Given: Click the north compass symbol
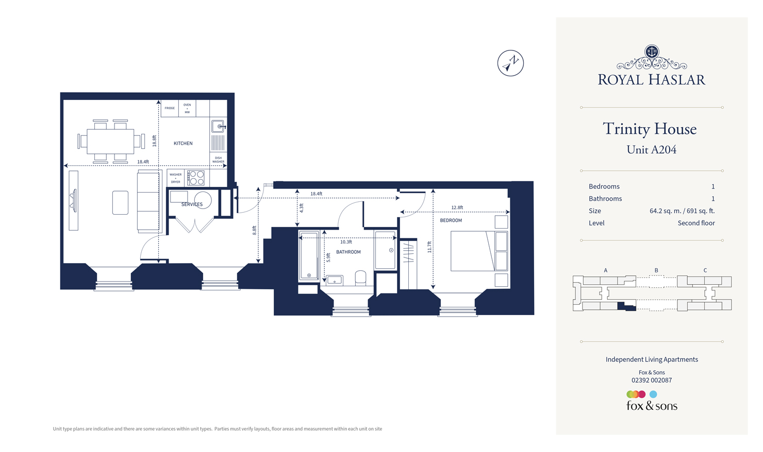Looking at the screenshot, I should pyautogui.click(x=510, y=63).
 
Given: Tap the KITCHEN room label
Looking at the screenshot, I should pyautogui.click(x=183, y=144).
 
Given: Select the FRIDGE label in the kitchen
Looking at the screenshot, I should pyautogui.click(x=170, y=108).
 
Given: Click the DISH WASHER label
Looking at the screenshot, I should pyautogui.click(x=218, y=160).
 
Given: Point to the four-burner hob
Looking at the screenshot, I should pyautogui.click(x=196, y=178).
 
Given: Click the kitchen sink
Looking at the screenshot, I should pyautogui.click(x=218, y=126).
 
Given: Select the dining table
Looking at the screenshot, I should pyautogui.click(x=111, y=141).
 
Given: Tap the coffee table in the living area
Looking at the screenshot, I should pyautogui.click(x=120, y=202).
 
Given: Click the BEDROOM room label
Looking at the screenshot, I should pyautogui.click(x=451, y=220).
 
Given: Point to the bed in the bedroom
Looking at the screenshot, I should pyautogui.click(x=478, y=251).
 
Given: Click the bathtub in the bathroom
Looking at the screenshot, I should pyautogui.click(x=309, y=256).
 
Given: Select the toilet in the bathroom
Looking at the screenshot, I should pyautogui.click(x=360, y=278).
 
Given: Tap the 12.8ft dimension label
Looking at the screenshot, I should pyautogui.click(x=457, y=207).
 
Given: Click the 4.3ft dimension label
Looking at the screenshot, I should pyautogui.click(x=302, y=208).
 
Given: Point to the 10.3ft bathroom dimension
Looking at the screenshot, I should pyautogui.click(x=346, y=242).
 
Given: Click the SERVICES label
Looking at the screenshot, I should pyautogui.click(x=192, y=204).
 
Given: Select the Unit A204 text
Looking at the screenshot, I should pyautogui.click(x=651, y=150).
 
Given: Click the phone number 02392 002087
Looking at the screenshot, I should pyautogui.click(x=651, y=380).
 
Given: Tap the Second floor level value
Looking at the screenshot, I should pyautogui.click(x=696, y=223).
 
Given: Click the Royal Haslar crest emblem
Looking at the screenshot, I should pyautogui.click(x=652, y=51).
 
